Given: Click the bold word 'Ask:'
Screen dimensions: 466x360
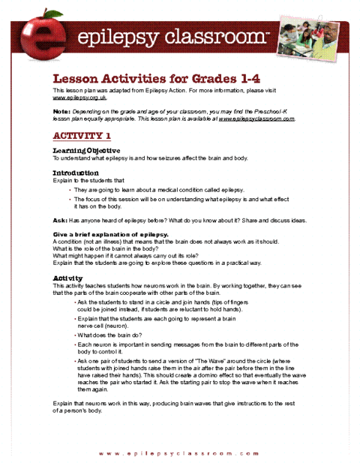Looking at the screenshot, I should (59, 221).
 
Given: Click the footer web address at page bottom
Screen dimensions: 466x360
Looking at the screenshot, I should (183, 454).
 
